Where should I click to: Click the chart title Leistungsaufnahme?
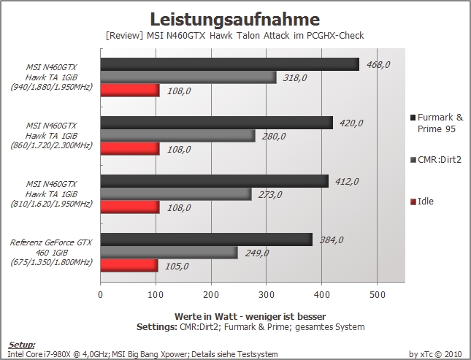234,19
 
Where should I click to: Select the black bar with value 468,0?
230,64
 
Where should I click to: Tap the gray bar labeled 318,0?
188,77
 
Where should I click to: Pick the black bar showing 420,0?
217,123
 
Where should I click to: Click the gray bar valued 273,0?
176,194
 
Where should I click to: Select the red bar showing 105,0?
129,266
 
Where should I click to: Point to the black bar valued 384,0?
207,240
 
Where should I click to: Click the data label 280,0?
274,137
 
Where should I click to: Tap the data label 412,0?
347,182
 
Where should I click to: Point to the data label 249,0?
257,253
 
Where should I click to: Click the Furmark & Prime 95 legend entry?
437,123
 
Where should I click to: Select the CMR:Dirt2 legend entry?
435,160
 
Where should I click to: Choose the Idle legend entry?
422,202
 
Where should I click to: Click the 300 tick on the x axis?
267,295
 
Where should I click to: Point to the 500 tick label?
377,295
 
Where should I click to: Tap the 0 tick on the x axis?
101,295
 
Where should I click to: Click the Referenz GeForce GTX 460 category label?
51,252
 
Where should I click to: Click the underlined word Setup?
21,345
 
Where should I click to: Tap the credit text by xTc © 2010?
434,354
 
